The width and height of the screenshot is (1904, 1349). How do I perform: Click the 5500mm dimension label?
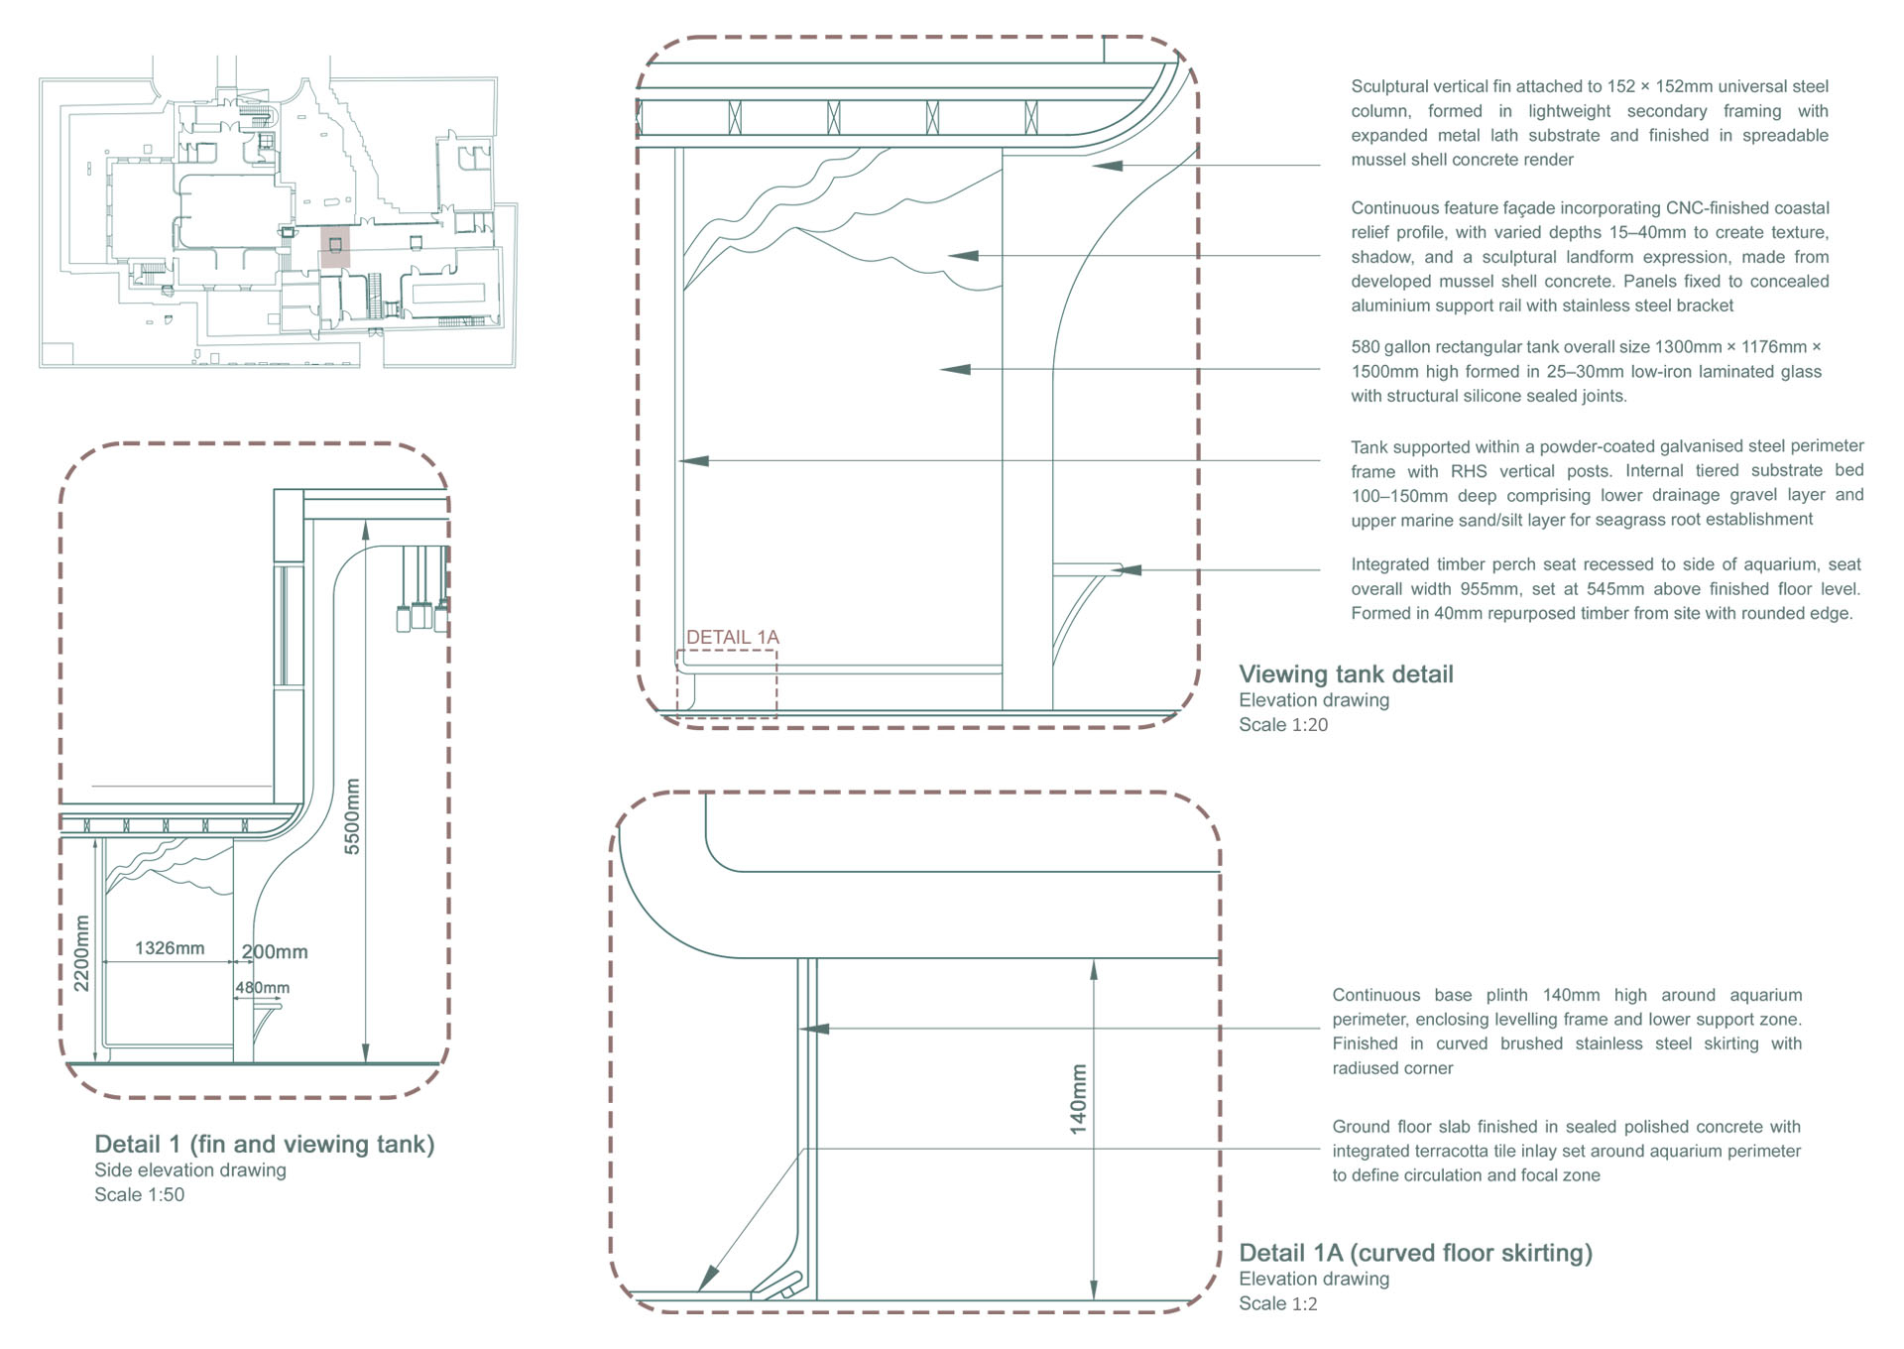coord(352,815)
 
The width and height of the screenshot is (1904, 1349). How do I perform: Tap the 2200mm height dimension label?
coord(81,953)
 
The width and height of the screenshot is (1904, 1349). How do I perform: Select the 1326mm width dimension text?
coord(170,948)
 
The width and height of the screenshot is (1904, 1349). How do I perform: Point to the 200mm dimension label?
coord(275,952)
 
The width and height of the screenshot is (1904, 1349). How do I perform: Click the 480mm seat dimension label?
coord(263,988)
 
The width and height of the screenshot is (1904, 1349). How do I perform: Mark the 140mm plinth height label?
coord(1079,1099)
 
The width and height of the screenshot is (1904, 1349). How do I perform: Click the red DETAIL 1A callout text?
coord(733,637)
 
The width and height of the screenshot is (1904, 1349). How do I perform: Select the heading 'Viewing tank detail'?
coord(1346,674)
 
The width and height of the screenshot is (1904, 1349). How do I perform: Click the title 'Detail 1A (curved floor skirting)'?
coord(1415,1253)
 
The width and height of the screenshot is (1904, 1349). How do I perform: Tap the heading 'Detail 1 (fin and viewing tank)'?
coord(265,1145)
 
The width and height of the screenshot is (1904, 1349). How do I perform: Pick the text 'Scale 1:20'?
coord(1283,725)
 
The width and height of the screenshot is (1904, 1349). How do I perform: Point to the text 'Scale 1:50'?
coord(140,1195)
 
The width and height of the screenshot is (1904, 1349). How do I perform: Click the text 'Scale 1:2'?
coord(1278,1304)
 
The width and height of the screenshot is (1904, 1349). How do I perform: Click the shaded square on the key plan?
coord(335,245)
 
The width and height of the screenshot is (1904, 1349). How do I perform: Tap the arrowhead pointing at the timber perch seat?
coord(1129,570)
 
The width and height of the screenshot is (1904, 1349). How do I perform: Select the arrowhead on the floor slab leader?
coord(708,1279)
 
